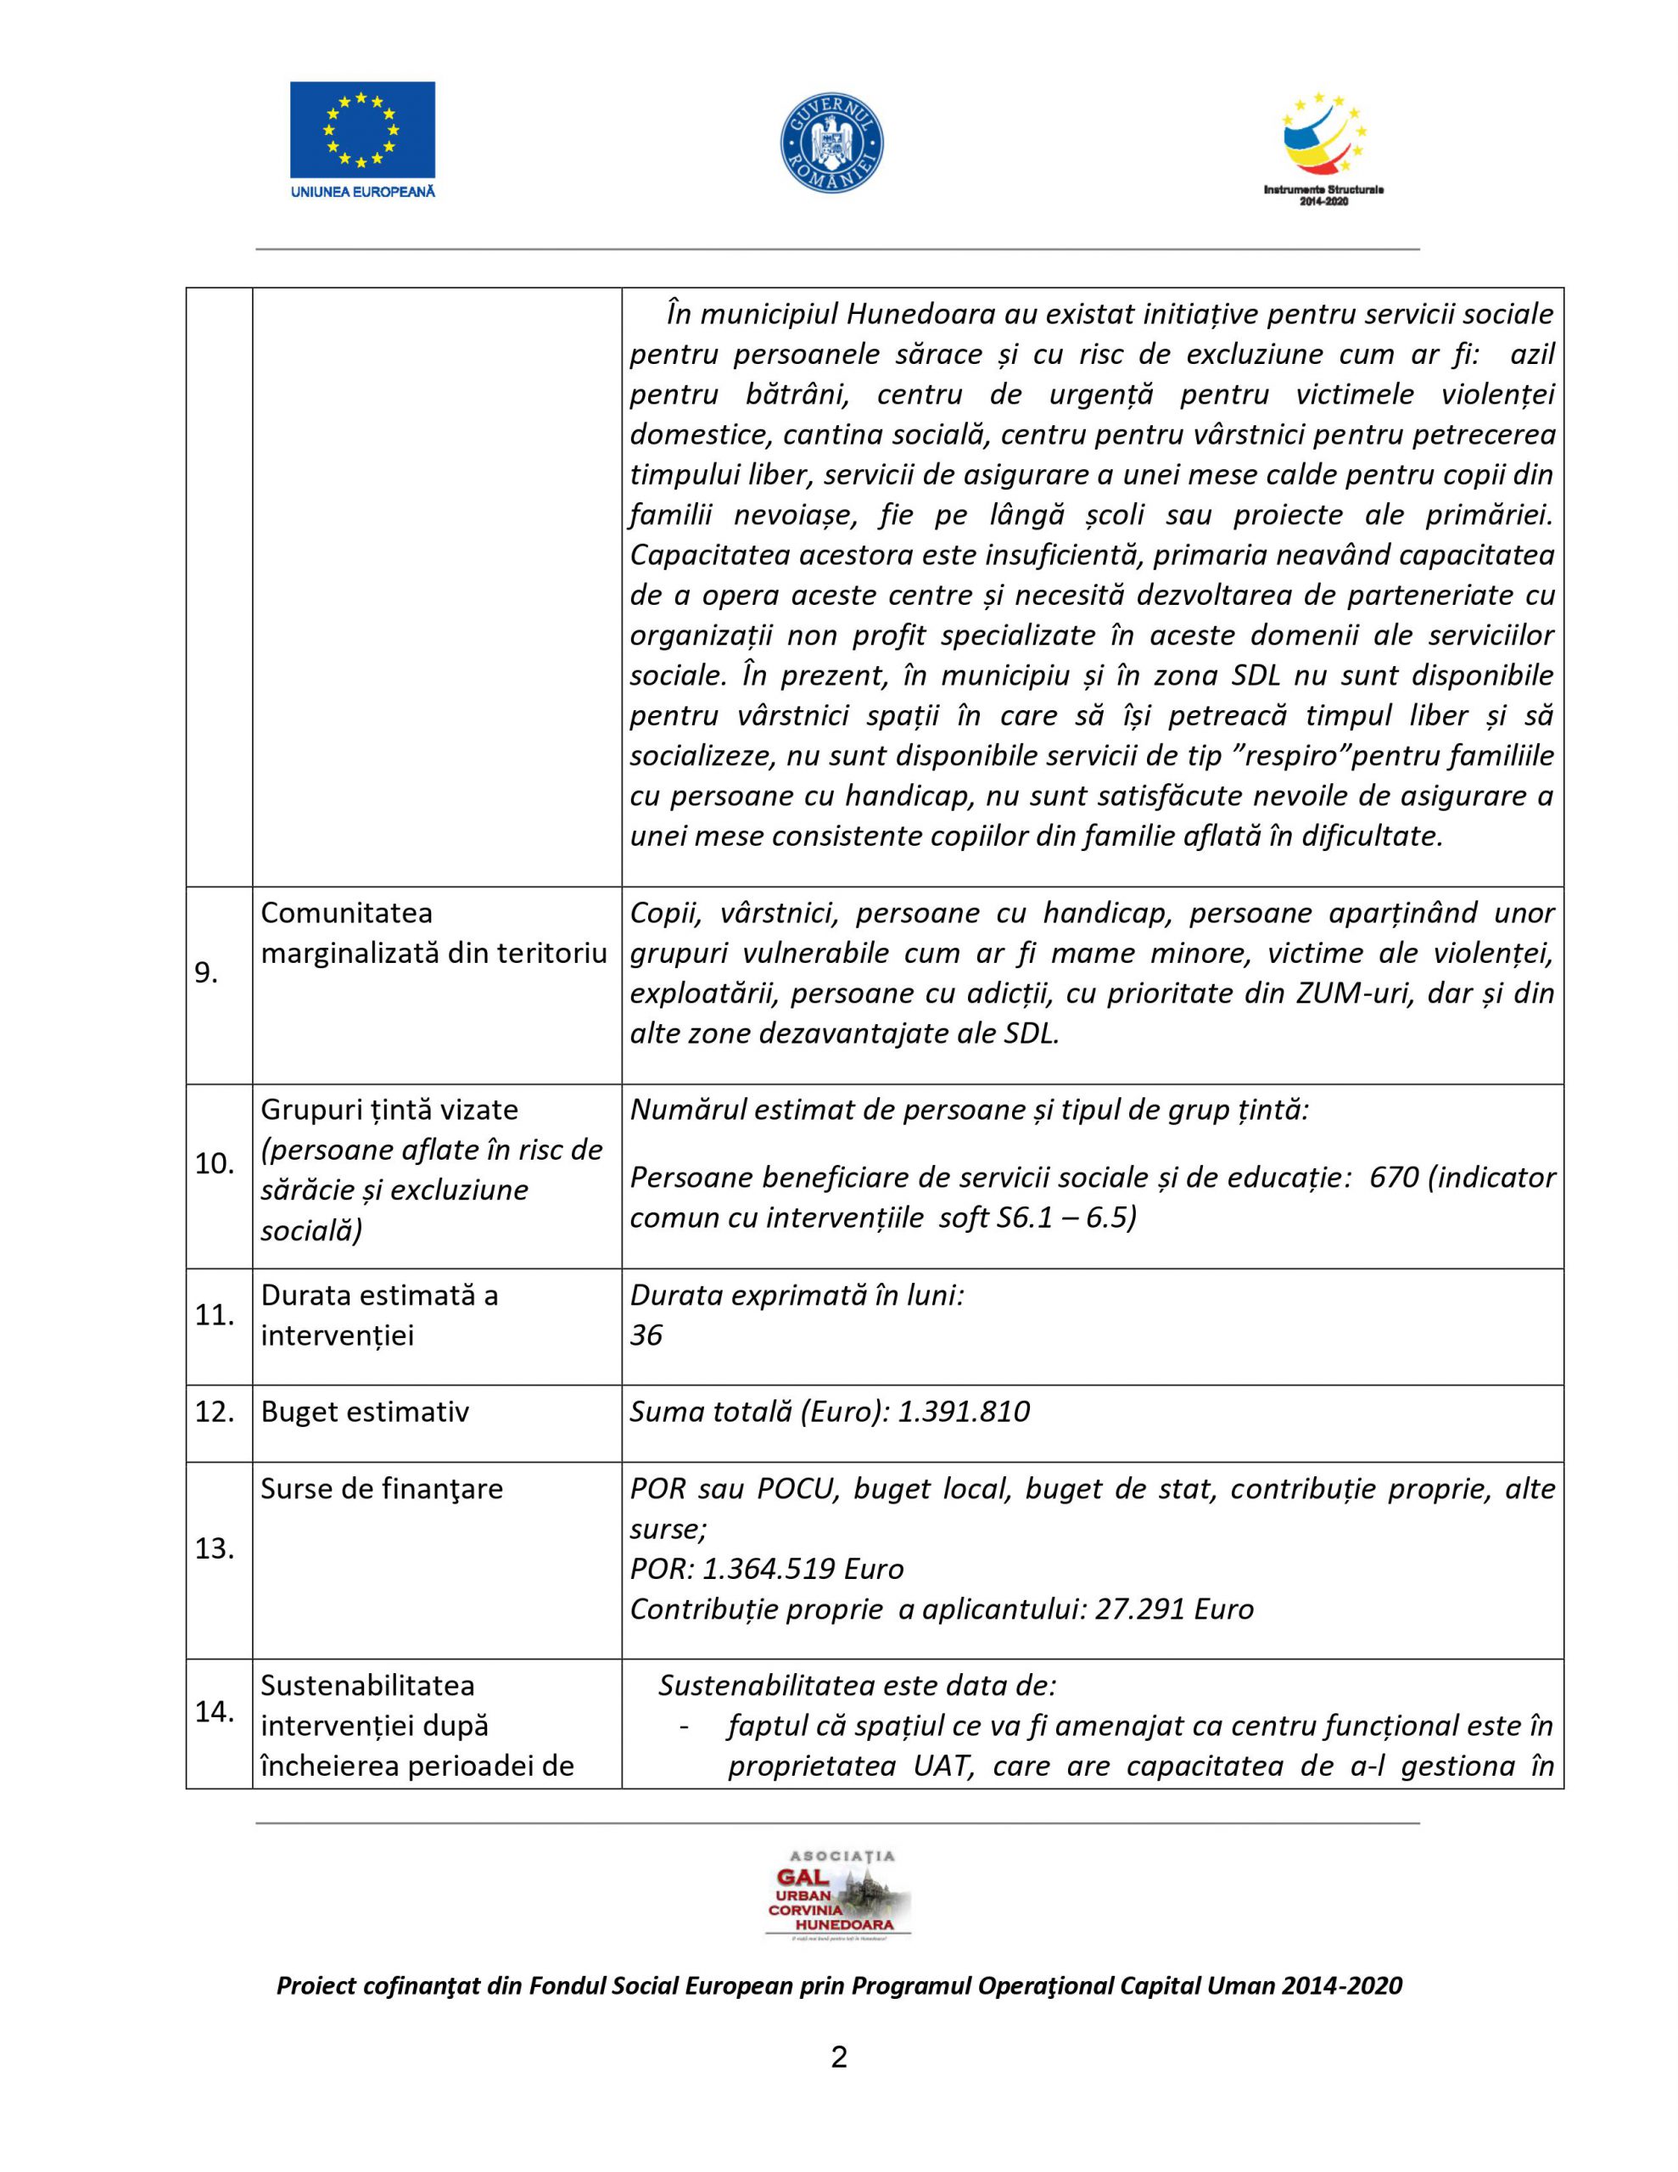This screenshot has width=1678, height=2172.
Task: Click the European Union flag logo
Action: point(362,129)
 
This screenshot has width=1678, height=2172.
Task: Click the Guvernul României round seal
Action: point(831,143)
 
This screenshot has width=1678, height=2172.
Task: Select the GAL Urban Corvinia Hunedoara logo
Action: point(837,1896)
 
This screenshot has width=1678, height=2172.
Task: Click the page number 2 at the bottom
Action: point(838,2057)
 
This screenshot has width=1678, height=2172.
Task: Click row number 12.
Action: point(215,1412)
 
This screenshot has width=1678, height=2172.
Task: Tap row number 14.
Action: point(215,1711)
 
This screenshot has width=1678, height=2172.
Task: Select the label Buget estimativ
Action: point(364,1412)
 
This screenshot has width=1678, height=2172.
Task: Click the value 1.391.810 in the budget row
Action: point(963,1412)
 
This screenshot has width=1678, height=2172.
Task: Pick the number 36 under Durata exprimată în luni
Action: point(646,1335)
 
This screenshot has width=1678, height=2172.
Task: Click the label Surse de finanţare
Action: point(381,1489)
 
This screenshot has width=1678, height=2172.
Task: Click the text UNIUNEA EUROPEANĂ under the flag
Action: point(362,191)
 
